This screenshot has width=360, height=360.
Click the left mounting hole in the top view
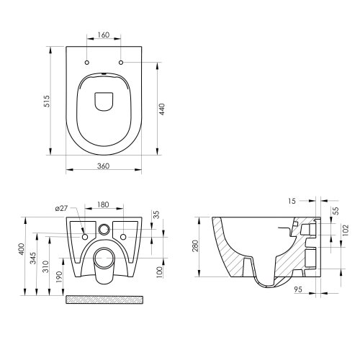[x=86, y=63]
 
